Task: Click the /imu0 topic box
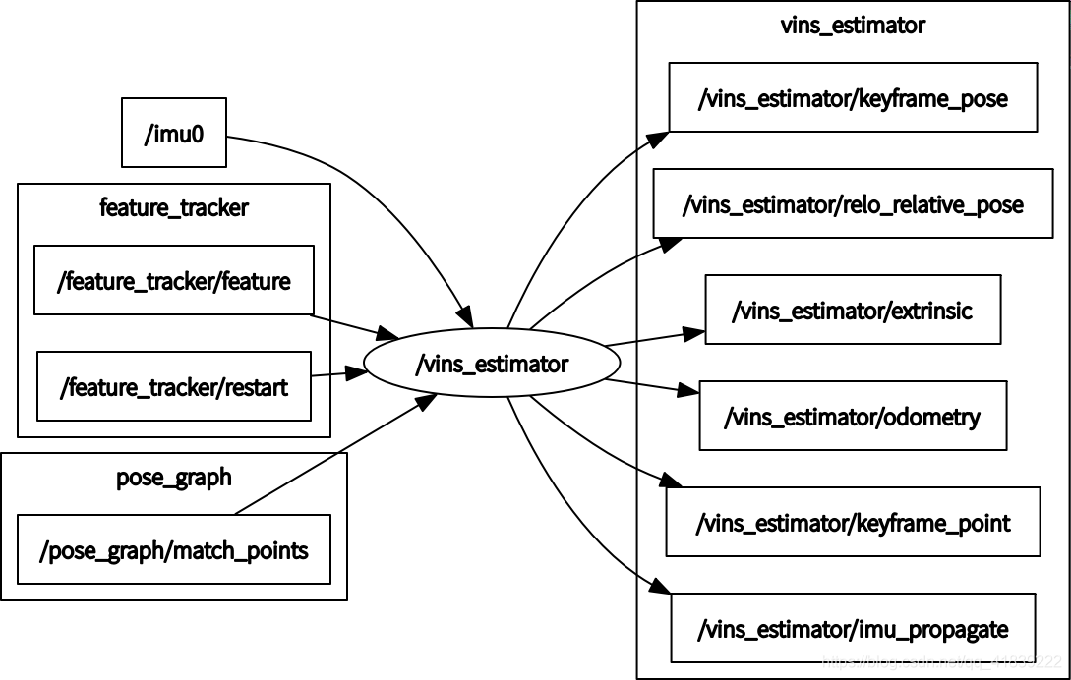coord(174,133)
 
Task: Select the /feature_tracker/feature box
coord(174,281)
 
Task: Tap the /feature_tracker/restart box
coord(174,386)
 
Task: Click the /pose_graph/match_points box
coord(174,549)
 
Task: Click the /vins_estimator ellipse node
coord(492,365)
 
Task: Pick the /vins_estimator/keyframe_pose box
coord(853,97)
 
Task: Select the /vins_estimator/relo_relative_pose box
coord(853,203)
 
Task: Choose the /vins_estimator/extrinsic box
coord(853,310)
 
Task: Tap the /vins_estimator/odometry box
coord(853,416)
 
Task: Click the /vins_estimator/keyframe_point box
coord(853,522)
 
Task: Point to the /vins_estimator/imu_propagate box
coord(853,627)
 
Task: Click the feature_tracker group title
coord(174,207)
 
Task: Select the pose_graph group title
coord(174,478)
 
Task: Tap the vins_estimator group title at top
coord(853,25)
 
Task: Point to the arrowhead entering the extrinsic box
coord(696,332)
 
